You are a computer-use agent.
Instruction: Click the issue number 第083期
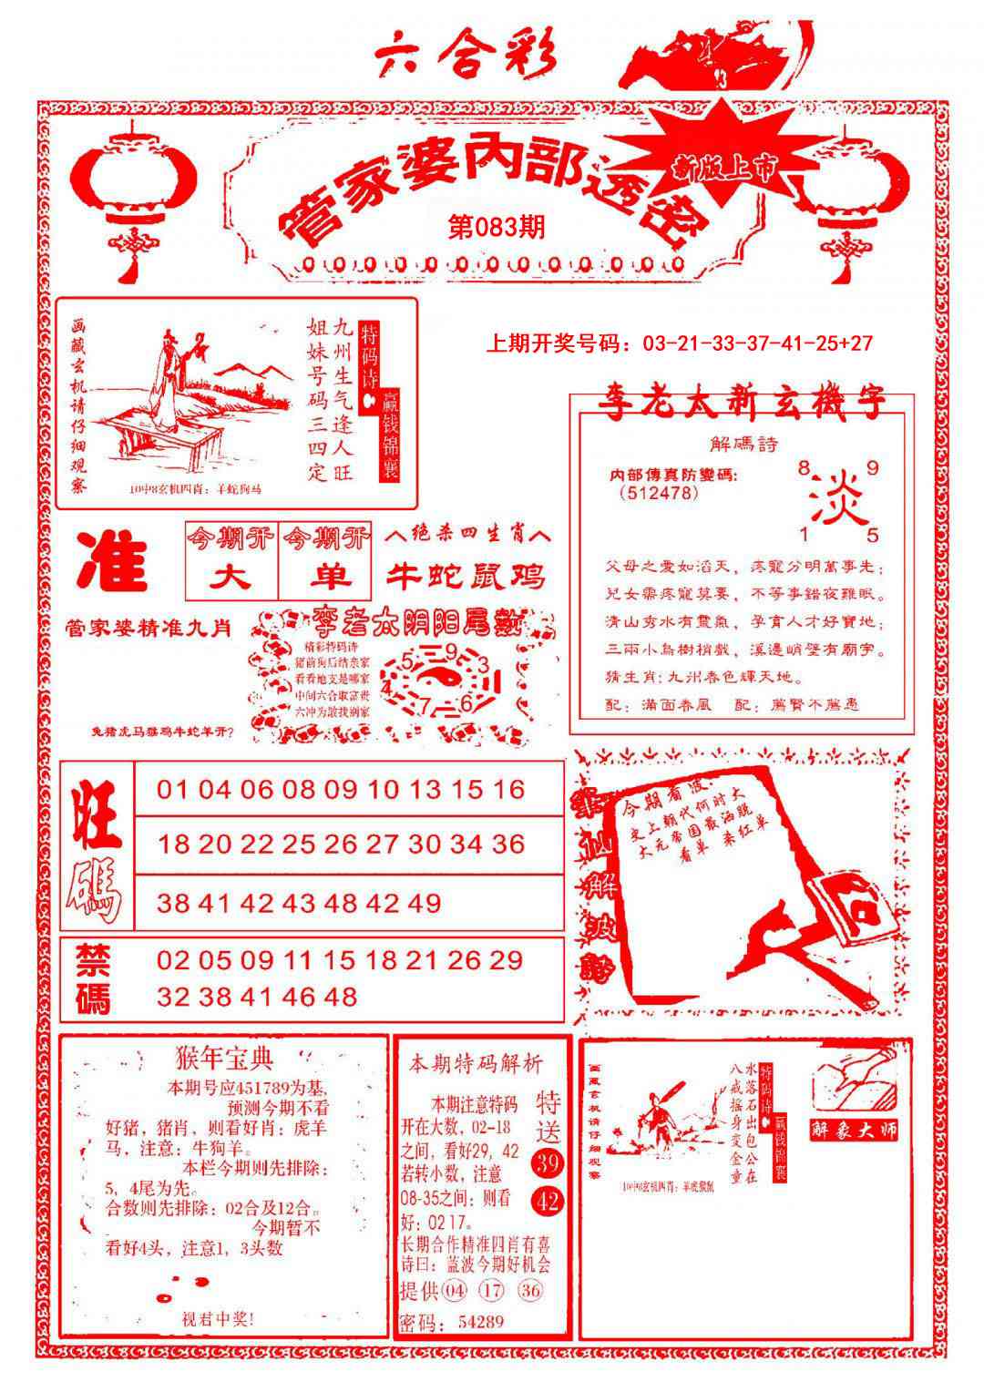pyautogui.click(x=497, y=227)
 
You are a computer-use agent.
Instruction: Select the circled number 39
pyautogui.click(x=548, y=1163)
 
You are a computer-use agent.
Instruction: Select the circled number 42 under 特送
pyautogui.click(x=548, y=1202)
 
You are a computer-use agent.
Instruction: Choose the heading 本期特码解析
pyautogui.click(x=475, y=1063)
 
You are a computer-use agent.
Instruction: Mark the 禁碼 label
pyautogui.click(x=93, y=979)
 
